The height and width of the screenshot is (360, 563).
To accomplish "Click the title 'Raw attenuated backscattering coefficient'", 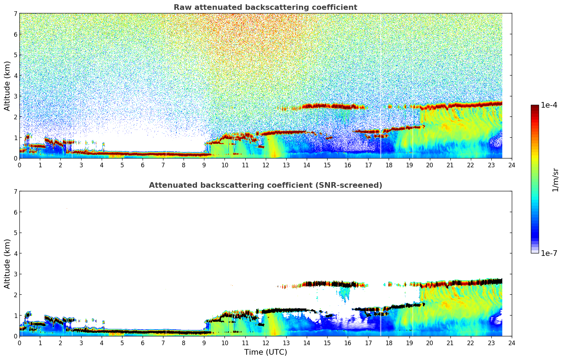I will (265, 7).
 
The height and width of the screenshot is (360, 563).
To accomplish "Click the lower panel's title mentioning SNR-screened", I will (265, 185).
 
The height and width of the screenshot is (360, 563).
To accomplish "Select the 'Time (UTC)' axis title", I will (265, 352).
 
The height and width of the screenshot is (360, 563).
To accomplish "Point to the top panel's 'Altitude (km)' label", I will (7, 86).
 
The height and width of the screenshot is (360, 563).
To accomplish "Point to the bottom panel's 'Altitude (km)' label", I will (7, 264).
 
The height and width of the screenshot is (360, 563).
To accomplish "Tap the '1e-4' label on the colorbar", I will (549, 105).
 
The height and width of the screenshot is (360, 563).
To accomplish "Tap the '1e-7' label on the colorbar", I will (549, 253).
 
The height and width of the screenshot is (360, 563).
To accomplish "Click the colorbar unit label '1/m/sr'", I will (555, 180).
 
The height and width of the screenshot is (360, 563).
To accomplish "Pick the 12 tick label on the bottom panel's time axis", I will (265, 343).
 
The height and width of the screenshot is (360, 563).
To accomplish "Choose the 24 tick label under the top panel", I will (512, 165).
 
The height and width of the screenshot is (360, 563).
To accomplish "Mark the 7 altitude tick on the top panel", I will (15, 14).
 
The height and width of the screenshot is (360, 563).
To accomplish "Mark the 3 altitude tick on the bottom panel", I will (15, 274).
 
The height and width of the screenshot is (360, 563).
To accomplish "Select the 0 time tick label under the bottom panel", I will (19, 343).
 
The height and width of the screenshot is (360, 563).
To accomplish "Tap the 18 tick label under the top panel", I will (389, 165).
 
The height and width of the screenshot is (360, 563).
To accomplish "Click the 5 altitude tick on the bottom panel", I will (15, 233).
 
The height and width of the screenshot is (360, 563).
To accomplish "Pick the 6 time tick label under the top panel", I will (143, 165).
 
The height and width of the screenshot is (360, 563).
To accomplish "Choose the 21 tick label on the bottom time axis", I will (450, 343).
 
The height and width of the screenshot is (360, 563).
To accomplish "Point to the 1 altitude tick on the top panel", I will (15, 138).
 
